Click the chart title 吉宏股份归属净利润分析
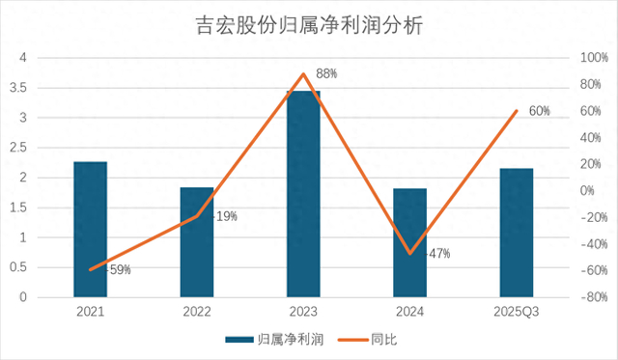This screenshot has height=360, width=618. coord(309,26)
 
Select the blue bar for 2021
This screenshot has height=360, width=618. coord(90,230)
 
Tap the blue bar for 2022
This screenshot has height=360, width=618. coord(197,242)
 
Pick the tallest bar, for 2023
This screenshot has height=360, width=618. coord(303,194)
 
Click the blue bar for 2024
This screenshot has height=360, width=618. coord(409,242)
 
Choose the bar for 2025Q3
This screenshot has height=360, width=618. coord(517,233)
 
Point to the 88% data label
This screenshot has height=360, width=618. coord(326,73)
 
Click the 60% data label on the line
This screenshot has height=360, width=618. coord(539,111)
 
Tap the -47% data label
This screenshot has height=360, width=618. coord(437,254)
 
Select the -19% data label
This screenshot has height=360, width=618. coord(225,216)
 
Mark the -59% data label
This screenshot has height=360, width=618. coord(118,270)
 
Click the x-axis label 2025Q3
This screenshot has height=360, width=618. coord(517,312)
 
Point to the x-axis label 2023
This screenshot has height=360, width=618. coord(303,312)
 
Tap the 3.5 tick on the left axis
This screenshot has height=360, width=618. coord(18,88)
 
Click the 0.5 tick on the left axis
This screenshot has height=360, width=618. coord(18,267)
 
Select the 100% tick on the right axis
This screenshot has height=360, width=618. coord(595,58)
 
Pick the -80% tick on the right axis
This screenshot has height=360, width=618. coord(595,297)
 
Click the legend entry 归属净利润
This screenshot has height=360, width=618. coord(274,340)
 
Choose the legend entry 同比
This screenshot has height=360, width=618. coord(368,340)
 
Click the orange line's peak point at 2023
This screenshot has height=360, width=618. coord(303,73)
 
